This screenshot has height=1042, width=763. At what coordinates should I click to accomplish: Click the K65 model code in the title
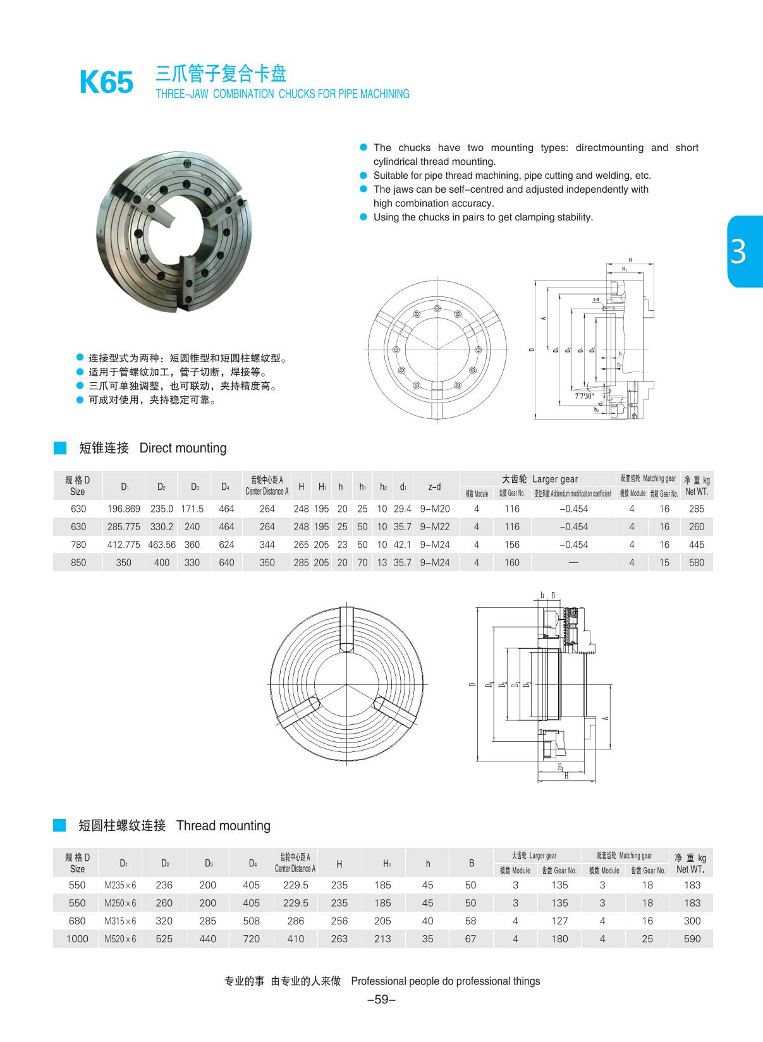coord(106,83)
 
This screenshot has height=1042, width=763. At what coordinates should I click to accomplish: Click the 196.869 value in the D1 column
coord(124,509)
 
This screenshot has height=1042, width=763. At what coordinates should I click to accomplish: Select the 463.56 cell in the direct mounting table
coord(162,545)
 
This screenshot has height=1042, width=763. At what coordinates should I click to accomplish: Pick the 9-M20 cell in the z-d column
coord(434,509)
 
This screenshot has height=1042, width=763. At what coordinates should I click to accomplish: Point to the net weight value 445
coord(696,545)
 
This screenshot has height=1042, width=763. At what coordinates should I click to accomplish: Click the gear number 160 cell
coord(511,562)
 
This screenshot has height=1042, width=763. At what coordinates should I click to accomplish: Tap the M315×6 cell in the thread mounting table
coord(120,921)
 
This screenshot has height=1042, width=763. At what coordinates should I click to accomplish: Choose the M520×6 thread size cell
coord(120,939)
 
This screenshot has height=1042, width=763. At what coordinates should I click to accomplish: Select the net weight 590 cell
coord(692,939)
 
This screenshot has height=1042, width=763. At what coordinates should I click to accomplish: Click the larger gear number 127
coord(559,921)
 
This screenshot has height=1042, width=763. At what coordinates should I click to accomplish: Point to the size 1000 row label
coord(77,939)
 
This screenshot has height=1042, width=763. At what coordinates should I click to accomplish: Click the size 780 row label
coord(78,545)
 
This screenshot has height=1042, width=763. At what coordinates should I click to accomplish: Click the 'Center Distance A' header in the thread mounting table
coord(295,864)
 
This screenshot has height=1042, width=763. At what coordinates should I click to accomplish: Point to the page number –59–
coord(381,1000)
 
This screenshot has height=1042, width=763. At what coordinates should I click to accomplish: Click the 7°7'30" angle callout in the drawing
coord(585,396)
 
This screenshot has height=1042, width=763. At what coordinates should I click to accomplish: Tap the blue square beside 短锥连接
coord(60,448)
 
